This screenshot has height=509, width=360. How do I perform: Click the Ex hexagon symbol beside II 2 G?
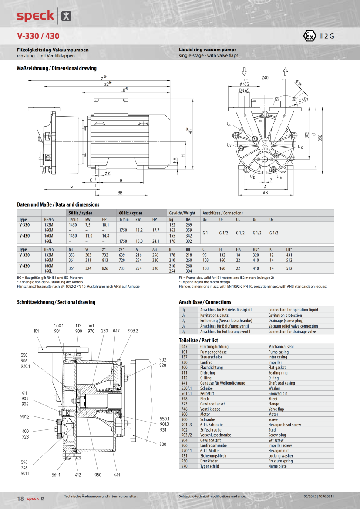(x=310, y=36)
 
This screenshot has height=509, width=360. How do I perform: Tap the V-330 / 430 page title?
(x=38, y=36)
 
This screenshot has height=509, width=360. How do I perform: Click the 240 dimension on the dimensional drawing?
(x=265, y=77)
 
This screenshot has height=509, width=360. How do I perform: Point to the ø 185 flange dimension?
(x=244, y=84)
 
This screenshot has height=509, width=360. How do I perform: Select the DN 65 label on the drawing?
(x=244, y=90)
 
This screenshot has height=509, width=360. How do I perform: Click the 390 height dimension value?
(x=320, y=137)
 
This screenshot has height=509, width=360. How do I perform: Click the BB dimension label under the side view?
(x=120, y=192)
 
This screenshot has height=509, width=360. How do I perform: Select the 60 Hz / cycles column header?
(x=131, y=213)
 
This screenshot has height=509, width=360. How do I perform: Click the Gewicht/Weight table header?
(x=182, y=213)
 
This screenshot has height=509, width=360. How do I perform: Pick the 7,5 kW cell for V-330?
(x=87, y=225)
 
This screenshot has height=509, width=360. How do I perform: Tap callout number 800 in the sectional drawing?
(x=163, y=444)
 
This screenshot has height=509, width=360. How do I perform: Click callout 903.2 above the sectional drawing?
(x=133, y=331)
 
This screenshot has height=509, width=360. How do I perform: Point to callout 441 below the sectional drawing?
(x=117, y=475)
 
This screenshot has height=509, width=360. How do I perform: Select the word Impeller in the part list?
(x=275, y=362)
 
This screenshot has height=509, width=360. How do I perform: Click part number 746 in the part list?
(x=184, y=409)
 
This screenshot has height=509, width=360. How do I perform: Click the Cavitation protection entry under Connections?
(x=285, y=315)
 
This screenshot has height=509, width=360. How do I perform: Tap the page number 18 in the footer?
(x=20, y=498)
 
